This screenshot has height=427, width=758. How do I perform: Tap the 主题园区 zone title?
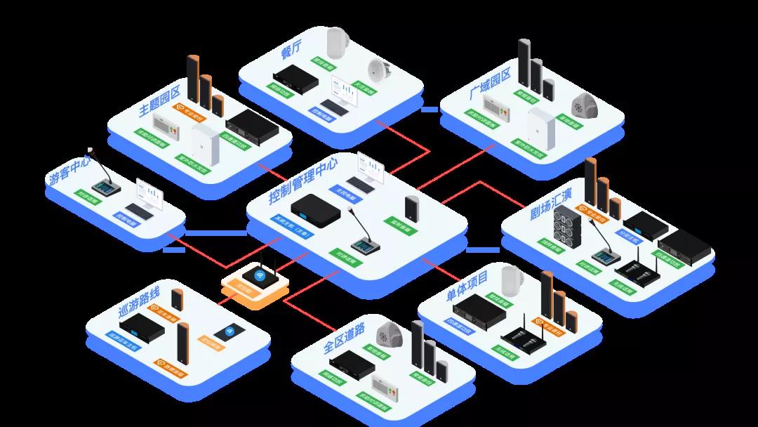160,100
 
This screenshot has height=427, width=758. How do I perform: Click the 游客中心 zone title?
69,169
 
